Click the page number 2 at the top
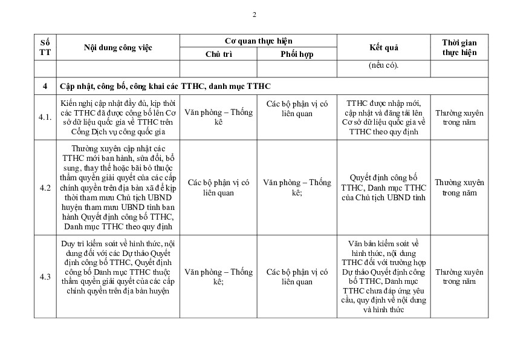click(x=254, y=15)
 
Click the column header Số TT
click(x=45, y=48)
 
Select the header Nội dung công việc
click(x=118, y=48)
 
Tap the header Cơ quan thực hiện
click(x=258, y=41)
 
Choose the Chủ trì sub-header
click(x=219, y=54)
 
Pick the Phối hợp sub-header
click(x=297, y=54)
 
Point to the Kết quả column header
click(x=383, y=48)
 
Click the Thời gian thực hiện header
click(x=459, y=48)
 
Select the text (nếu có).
click(x=383, y=66)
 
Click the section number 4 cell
click(x=45, y=87)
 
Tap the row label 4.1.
click(x=45, y=117)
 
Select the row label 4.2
click(x=45, y=188)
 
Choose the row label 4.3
click(x=45, y=277)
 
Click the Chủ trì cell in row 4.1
click(x=219, y=117)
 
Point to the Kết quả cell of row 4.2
click(x=383, y=188)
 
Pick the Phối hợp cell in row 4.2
click(x=297, y=188)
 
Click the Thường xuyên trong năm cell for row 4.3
click(x=459, y=277)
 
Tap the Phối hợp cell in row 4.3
click(x=297, y=277)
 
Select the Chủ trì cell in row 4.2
click(x=219, y=188)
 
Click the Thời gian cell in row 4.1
click(x=459, y=117)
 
